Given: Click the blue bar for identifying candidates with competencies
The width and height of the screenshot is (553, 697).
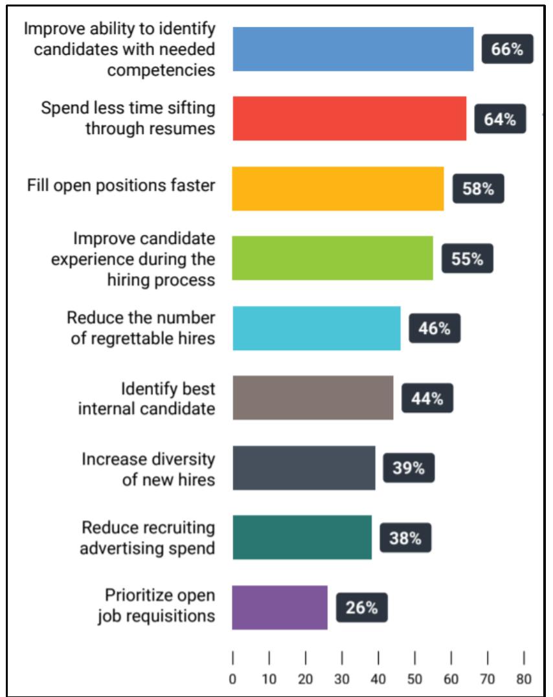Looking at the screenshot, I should tap(353, 49).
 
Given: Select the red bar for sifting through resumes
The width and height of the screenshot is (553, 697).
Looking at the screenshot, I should tap(350, 118).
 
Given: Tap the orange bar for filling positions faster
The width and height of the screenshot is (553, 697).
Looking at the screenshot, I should tap(338, 188).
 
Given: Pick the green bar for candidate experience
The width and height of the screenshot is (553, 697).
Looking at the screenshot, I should tap(333, 258).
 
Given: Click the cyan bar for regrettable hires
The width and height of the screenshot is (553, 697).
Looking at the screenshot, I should tap(317, 328).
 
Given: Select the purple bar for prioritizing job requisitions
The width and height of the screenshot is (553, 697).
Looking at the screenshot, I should tap(280, 607).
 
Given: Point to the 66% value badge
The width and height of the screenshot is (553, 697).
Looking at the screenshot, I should tap(508, 49).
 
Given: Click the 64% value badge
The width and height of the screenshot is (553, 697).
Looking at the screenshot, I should tap(500, 119).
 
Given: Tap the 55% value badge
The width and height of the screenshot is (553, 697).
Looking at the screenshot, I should tap(468, 259).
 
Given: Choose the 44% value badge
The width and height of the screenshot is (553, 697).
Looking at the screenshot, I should tap(427, 398).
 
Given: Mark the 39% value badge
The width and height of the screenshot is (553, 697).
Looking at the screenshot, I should tap(409, 468).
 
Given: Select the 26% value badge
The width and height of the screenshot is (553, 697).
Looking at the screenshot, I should tap(361, 608).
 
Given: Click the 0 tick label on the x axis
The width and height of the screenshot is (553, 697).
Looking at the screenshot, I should tap(232, 679).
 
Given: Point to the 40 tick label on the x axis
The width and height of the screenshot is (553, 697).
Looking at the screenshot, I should tap(378, 679).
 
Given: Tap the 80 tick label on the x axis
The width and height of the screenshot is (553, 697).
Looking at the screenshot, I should tap(524, 679).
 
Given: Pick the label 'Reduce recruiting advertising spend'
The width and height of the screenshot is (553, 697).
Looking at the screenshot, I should tap(148, 538).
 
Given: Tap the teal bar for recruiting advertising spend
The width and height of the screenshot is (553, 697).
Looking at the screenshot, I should tap(302, 537).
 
